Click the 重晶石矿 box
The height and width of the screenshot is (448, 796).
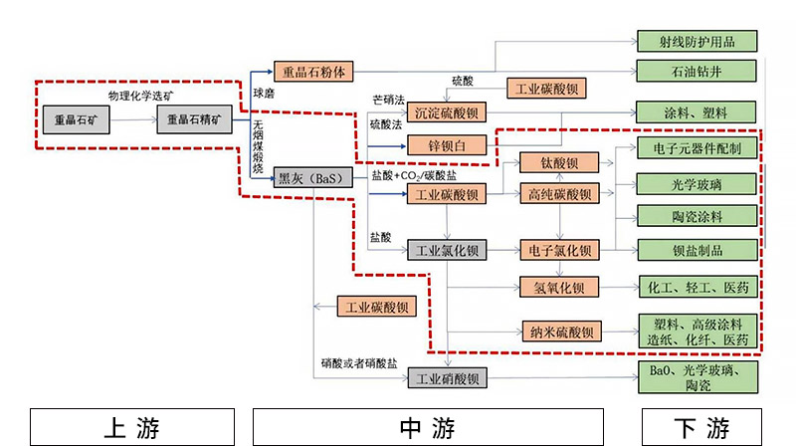pyautogui.click(x=76, y=120)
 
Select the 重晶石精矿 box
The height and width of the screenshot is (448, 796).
pyautogui.click(x=194, y=120)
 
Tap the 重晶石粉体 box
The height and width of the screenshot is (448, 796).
pyautogui.click(x=312, y=72)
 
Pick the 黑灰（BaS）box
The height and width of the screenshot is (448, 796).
pyautogui.click(x=312, y=178)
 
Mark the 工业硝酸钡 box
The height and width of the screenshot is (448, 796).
pyautogui.click(x=447, y=378)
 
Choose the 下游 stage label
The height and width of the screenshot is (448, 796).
pyautogui.click(x=700, y=427)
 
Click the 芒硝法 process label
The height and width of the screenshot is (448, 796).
pyautogui.click(x=388, y=101)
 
